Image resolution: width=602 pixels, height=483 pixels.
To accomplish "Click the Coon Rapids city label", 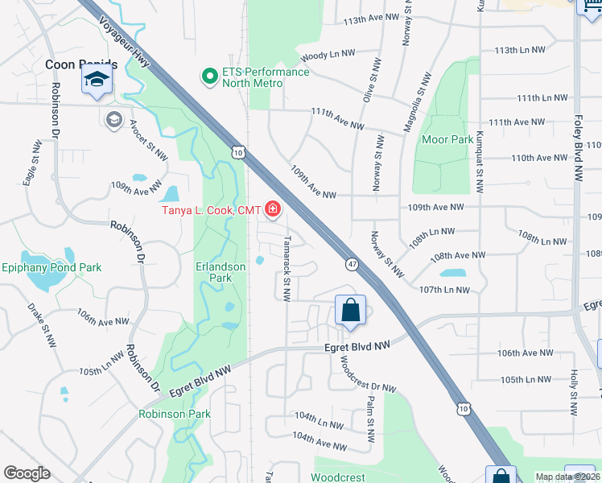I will tap(82, 64).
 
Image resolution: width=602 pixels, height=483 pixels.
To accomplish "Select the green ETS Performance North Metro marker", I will tap(209, 77).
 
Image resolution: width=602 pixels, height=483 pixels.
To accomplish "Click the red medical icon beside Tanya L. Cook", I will tap(272, 211).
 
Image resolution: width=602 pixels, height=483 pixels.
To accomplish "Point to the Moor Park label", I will tap(447, 139).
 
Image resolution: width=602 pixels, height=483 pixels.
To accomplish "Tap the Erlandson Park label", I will tap(213, 272).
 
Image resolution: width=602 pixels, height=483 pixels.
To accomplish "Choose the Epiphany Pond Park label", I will tap(52, 267).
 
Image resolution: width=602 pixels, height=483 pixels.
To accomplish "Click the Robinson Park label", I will tap(174, 415).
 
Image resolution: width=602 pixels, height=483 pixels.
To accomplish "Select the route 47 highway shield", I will tap(353, 263).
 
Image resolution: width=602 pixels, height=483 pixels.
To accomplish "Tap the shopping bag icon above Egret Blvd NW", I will tap(350, 310).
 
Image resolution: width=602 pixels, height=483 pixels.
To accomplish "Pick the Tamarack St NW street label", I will tap(286, 268).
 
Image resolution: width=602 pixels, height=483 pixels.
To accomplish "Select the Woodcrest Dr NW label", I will tap(367, 374).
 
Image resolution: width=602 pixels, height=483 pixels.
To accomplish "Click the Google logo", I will tap(27, 473).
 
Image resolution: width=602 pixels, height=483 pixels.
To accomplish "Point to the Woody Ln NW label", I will tap(327, 56).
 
